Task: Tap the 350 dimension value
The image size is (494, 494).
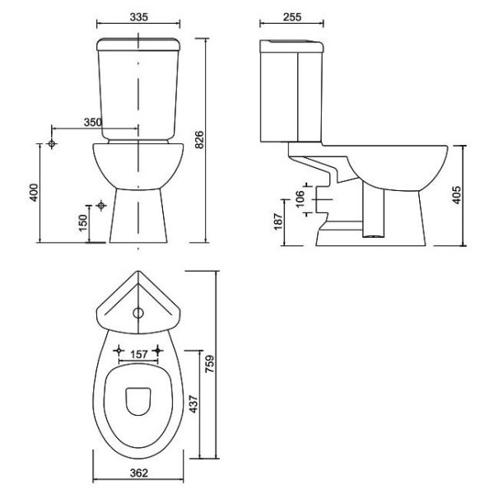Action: [91, 123]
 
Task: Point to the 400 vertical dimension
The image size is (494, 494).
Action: [34, 192]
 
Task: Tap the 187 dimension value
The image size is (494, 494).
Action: [279, 220]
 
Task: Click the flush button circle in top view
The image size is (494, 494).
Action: [137, 312]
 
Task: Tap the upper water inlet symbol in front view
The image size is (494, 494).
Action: [52, 144]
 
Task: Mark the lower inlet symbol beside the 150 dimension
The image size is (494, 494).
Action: [100, 204]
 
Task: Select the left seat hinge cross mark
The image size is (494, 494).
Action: [120, 348]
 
